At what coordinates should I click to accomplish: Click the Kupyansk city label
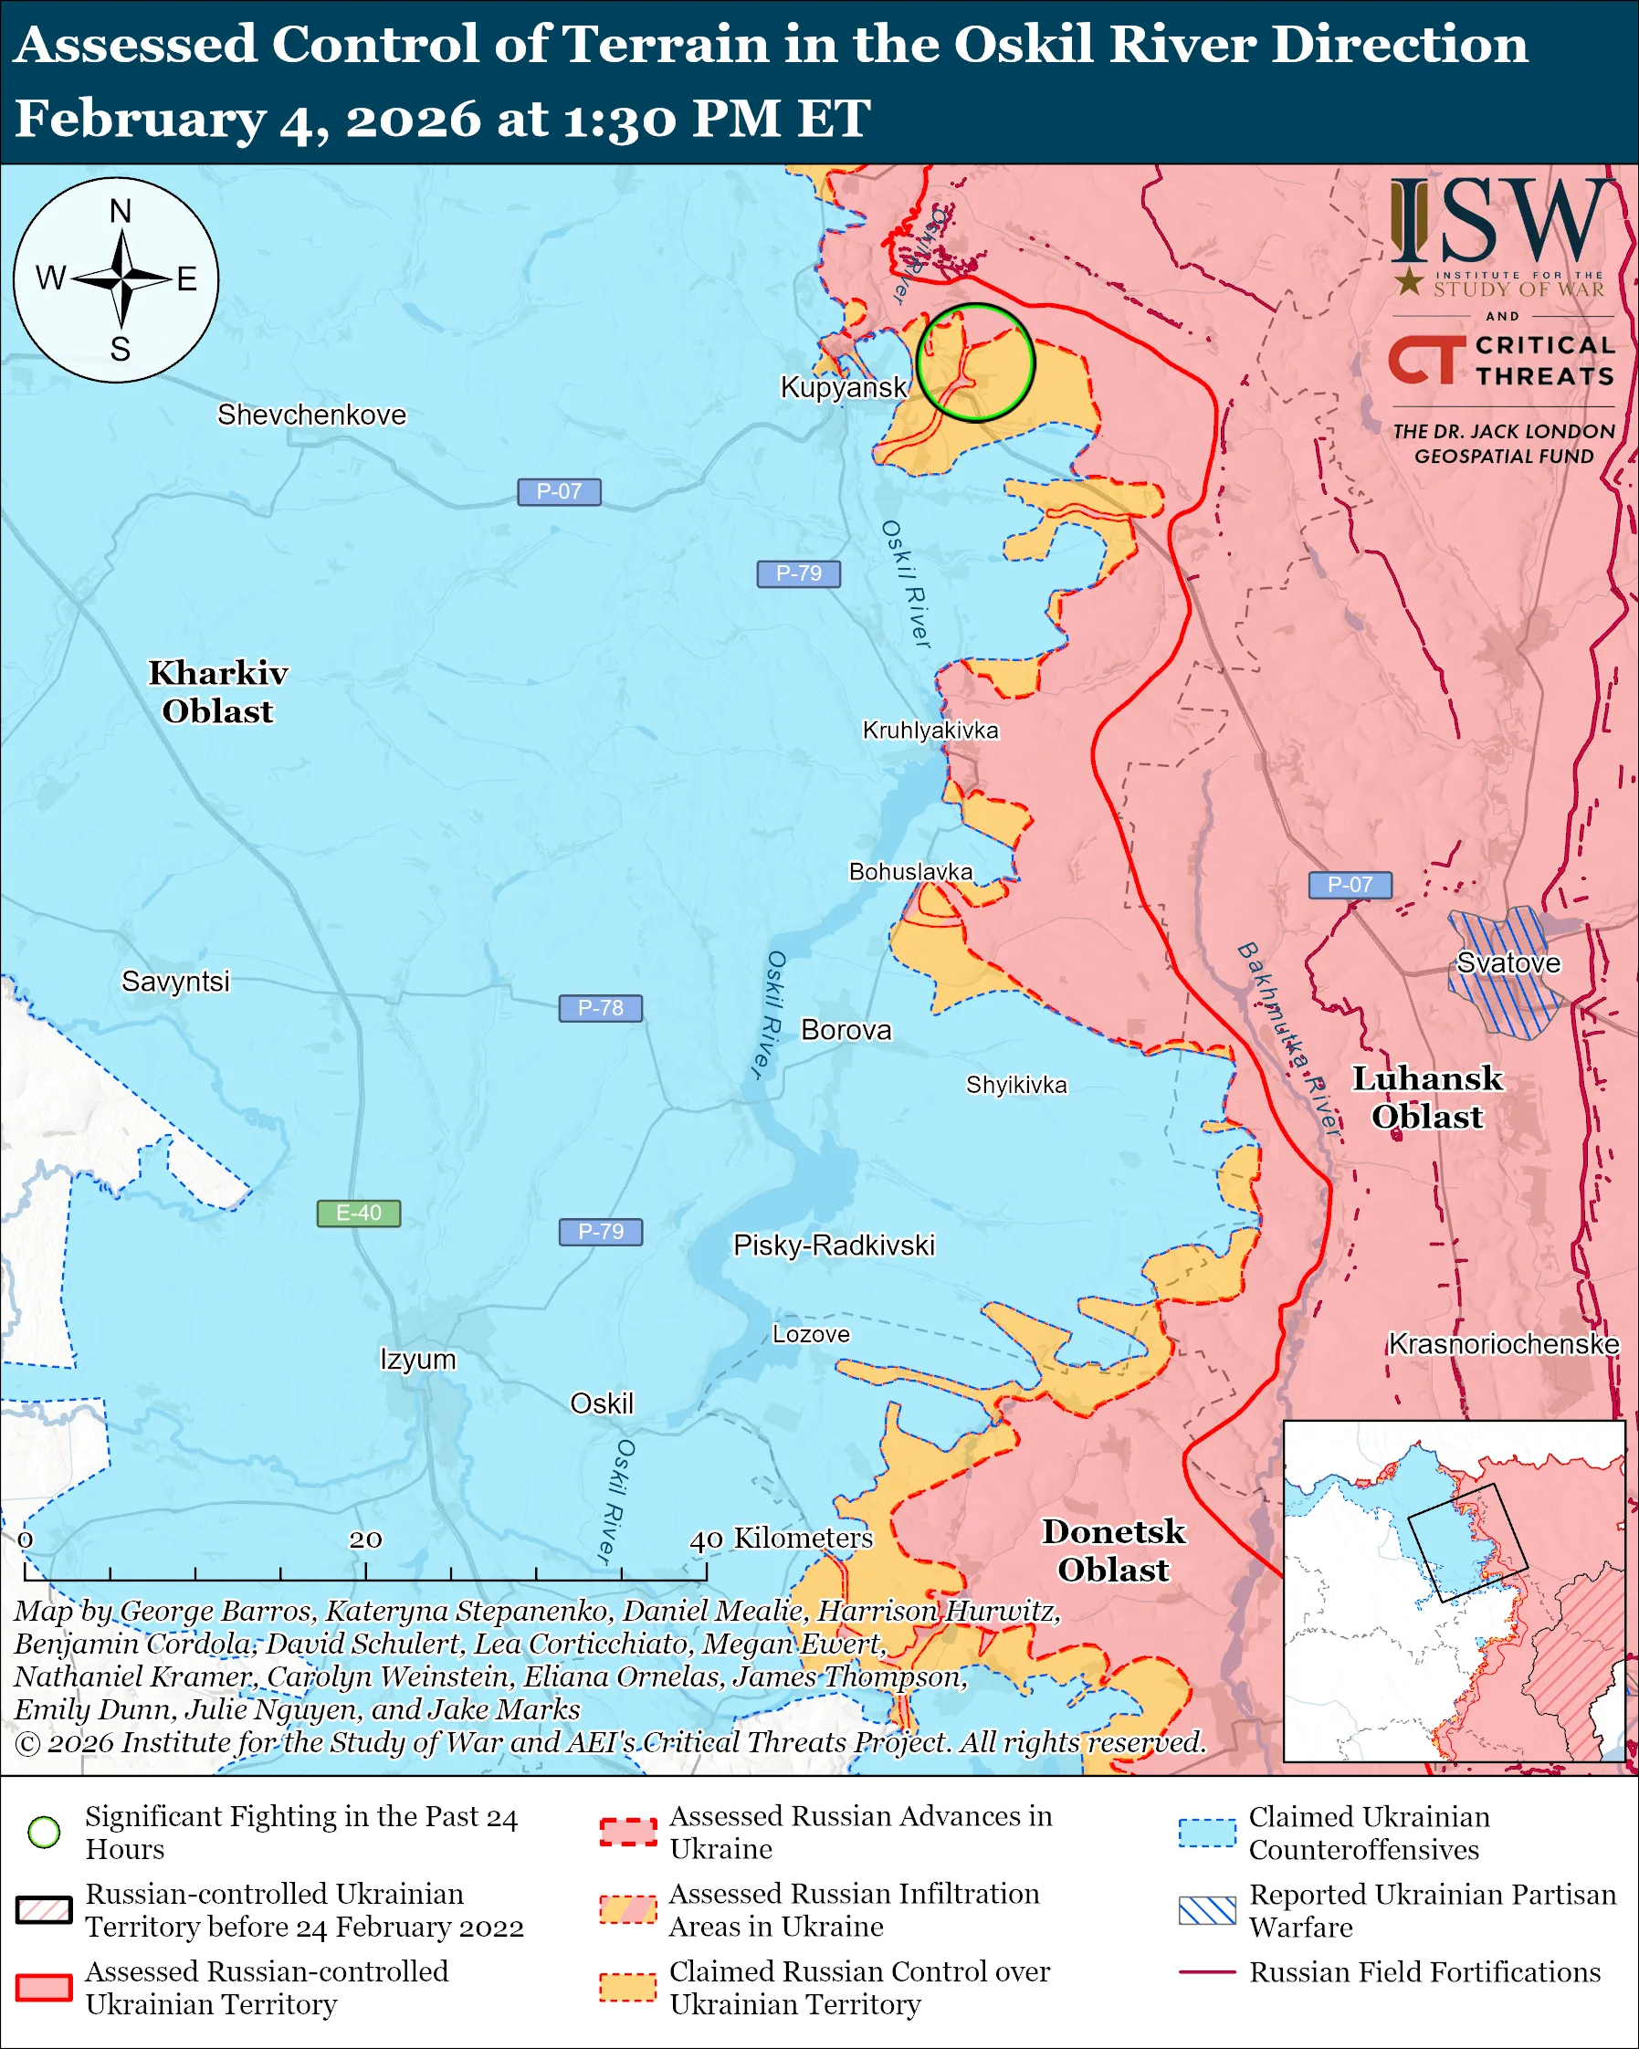click(844, 387)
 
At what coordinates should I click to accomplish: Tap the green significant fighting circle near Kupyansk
click(975, 363)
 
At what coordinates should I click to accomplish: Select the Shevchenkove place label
click(311, 415)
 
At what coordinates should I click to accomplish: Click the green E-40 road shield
click(358, 1214)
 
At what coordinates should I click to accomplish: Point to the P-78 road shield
click(601, 1007)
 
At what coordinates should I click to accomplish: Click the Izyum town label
click(418, 1359)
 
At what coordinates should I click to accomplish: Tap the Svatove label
click(1508, 962)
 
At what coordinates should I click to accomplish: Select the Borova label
click(846, 1030)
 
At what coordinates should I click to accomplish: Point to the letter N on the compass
click(120, 211)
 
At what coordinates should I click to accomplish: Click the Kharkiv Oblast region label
click(217, 692)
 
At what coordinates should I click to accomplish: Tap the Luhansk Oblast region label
click(1427, 1098)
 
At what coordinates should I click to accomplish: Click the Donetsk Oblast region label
click(1114, 1550)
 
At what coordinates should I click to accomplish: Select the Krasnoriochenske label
click(1503, 1344)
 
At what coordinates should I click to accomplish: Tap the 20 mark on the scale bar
click(365, 1539)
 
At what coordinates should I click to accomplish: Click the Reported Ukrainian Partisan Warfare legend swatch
click(1207, 1910)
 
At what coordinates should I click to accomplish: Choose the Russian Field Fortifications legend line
click(1207, 1972)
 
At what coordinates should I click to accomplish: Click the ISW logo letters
click(1501, 222)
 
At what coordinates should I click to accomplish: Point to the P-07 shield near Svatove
click(1350, 885)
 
